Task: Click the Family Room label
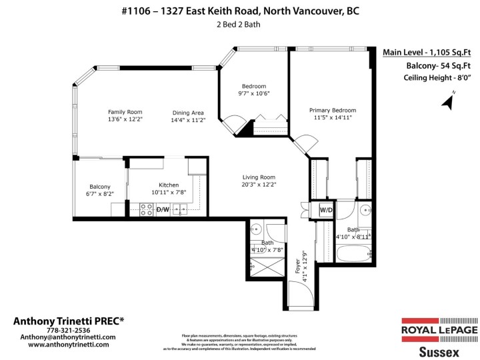[125, 112]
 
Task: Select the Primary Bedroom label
[332, 110]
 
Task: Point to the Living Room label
[258, 177]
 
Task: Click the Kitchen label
[169, 185]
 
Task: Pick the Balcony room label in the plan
[100, 187]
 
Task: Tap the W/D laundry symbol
[326, 210]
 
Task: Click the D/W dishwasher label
[163, 209]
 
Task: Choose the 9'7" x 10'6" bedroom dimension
[253, 94]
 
